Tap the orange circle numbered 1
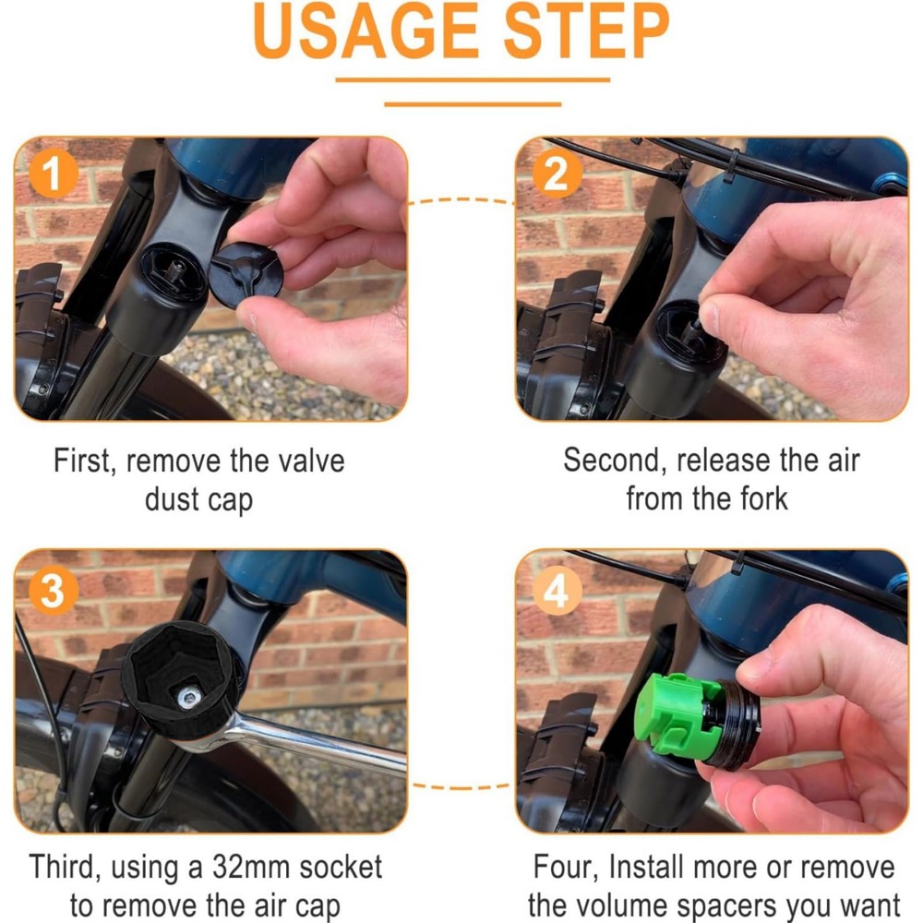tap(54, 174)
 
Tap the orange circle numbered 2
tap(556, 174)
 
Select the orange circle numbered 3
tap(53, 592)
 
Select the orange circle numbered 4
tap(556, 592)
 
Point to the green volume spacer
tap(671, 715)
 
